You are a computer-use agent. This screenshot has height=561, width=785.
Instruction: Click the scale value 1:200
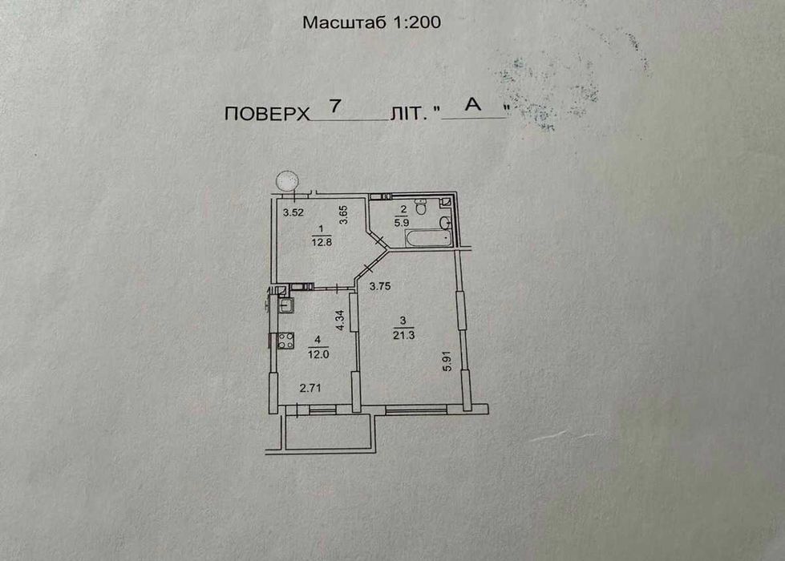click(416, 22)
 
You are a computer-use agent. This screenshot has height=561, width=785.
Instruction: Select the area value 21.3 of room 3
click(403, 335)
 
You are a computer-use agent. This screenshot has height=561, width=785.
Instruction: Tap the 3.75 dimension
click(381, 286)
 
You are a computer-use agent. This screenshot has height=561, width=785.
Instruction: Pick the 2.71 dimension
click(310, 389)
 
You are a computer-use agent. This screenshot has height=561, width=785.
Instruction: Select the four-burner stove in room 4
click(284, 341)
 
